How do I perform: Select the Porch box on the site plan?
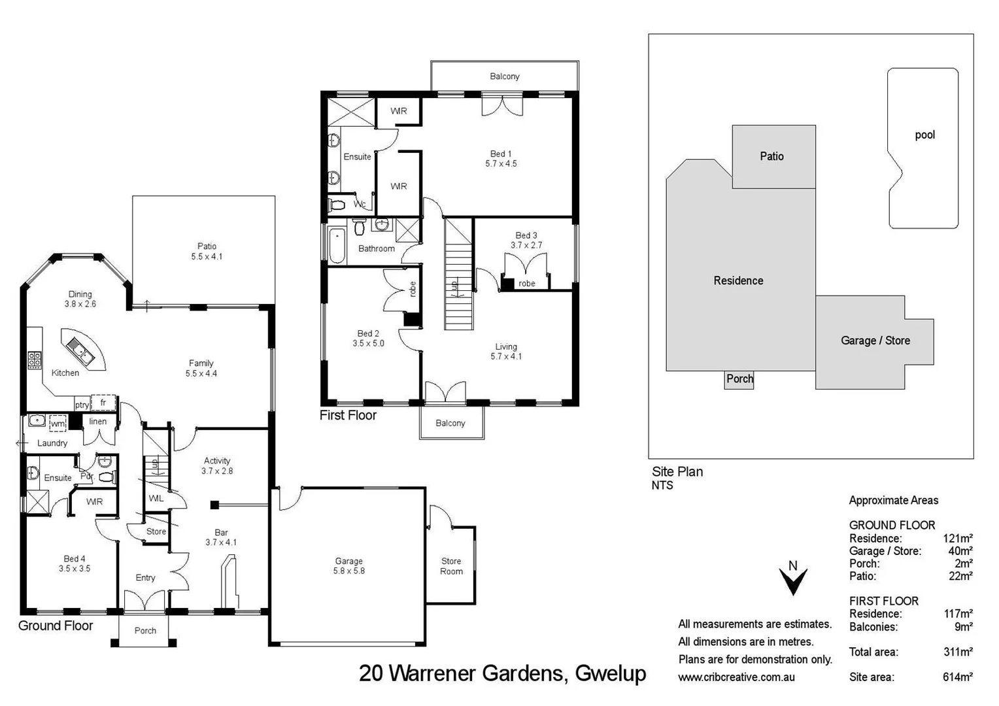pyautogui.click(x=739, y=379)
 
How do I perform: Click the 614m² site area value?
pyautogui.click(x=957, y=677)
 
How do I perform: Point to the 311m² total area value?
pyautogui.click(x=957, y=652)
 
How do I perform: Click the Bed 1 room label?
pyautogui.click(x=501, y=159)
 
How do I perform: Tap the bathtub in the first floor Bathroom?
pyautogui.click(x=337, y=246)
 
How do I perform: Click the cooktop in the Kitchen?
pyautogui.click(x=35, y=360)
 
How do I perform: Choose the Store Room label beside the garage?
pyautogui.click(x=451, y=566)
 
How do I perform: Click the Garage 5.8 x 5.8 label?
pyautogui.click(x=348, y=566)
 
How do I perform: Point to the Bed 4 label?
pyautogui.click(x=75, y=563)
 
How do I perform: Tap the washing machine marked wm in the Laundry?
pyautogui.click(x=58, y=424)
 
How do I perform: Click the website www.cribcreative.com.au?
pyautogui.click(x=736, y=677)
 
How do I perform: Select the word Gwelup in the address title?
pyautogui.click(x=610, y=673)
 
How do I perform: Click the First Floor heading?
pyautogui.click(x=348, y=415)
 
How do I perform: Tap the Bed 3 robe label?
pyautogui.click(x=527, y=284)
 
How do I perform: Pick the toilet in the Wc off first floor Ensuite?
pyautogui.click(x=337, y=205)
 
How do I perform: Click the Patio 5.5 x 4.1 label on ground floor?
pyautogui.click(x=207, y=252)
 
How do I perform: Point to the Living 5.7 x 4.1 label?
pyautogui.click(x=506, y=352)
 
